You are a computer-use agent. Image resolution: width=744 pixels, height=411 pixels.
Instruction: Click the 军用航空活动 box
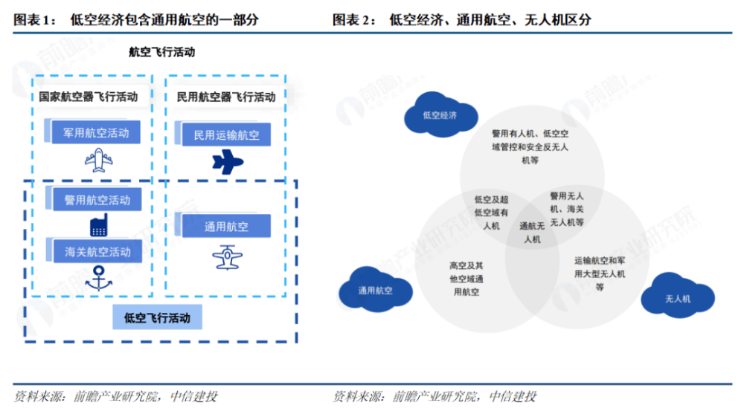(x=96, y=134)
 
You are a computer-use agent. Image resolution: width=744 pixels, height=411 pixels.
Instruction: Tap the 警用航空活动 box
(x=96, y=199)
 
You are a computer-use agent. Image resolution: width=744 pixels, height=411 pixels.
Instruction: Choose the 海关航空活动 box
(x=96, y=252)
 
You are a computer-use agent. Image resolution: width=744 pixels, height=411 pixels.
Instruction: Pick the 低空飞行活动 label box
(x=158, y=318)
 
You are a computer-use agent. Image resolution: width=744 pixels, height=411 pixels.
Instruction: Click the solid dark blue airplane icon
(x=228, y=161)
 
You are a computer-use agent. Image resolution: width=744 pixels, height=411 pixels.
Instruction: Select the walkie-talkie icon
(x=97, y=226)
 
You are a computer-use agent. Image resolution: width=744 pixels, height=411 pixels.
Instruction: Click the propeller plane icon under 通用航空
(x=226, y=256)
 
